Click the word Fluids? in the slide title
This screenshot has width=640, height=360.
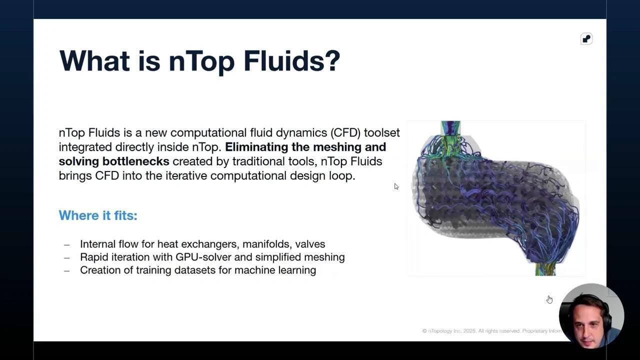(x=291, y=60)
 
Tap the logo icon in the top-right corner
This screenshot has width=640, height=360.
(x=586, y=39)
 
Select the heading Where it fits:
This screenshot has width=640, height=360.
(x=98, y=215)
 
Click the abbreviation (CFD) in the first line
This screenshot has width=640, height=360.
(x=345, y=133)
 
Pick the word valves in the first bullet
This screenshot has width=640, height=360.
(x=310, y=244)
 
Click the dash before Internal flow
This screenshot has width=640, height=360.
(x=67, y=244)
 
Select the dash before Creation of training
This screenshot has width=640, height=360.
(x=67, y=270)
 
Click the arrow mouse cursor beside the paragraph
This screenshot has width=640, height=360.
(x=396, y=186)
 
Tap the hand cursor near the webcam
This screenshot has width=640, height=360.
(x=549, y=299)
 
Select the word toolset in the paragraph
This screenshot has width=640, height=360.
(x=381, y=133)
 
